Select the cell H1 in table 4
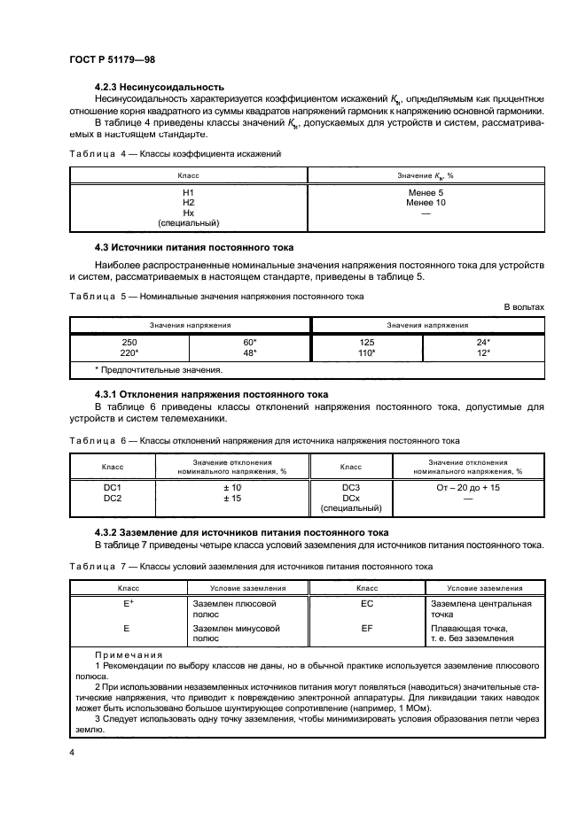[x=188, y=192]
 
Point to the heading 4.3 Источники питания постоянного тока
[x=194, y=246]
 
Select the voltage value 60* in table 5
[x=249, y=341]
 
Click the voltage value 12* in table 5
[x=484, y=352]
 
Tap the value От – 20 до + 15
[x=469, y=487]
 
